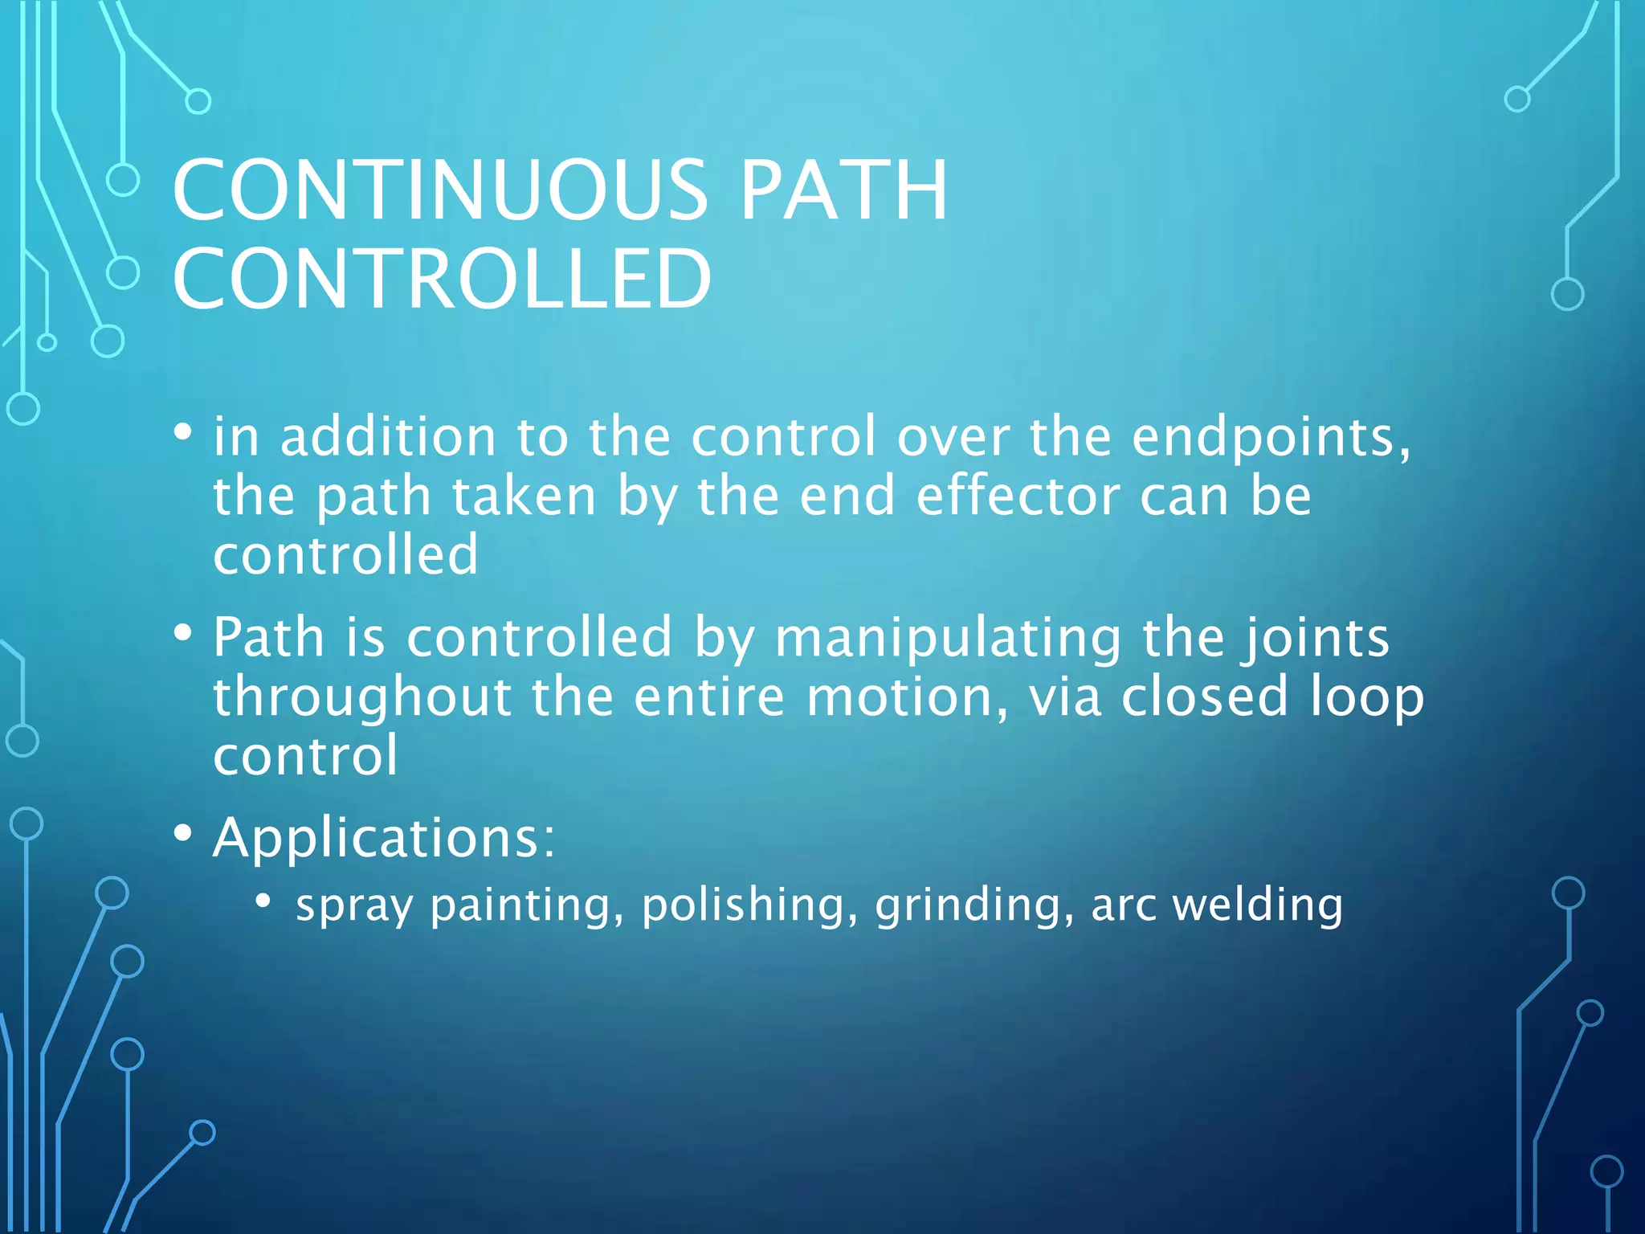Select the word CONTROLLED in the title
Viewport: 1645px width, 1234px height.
click(x=442, y=279)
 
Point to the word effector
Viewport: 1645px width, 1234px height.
click(x=1018, y=496)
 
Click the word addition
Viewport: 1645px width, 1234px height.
click(x=388, y=438)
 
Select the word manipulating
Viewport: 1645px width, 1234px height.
click(x=948, y=639)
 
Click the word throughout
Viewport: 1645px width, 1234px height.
click(x=362, y=697)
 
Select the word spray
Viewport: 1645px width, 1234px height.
click(x=354, y=906)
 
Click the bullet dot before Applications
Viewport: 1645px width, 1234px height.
click(x=183, y=834)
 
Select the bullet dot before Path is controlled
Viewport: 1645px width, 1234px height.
click(x=183, y=633)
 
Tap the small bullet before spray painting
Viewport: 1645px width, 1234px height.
click(x=263, y=901)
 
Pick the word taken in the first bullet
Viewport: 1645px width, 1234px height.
click(x=524, y=496)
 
